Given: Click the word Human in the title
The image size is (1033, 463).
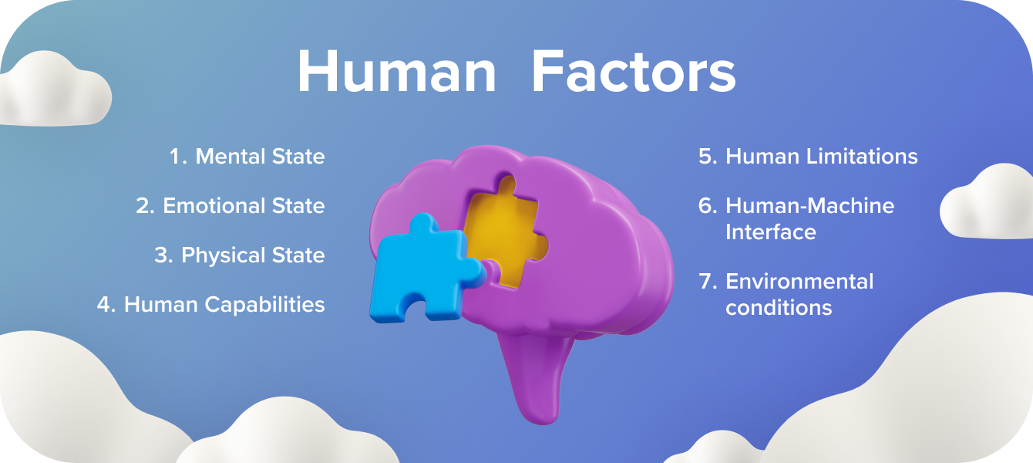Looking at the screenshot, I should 396,73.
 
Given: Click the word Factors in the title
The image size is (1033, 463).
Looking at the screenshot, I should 634,73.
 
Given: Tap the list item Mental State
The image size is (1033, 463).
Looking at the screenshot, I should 260,157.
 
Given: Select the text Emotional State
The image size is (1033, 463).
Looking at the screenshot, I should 244,206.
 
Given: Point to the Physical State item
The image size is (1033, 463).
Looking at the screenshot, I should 253,255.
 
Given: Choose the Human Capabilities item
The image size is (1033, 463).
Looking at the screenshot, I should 224,305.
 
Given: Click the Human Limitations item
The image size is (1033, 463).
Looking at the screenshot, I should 821,157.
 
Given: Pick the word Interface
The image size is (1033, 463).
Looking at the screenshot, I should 770,231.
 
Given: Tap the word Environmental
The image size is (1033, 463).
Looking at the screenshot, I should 799,281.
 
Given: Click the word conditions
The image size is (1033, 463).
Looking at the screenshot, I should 779,307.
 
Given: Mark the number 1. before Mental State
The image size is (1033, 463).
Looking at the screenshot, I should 178,157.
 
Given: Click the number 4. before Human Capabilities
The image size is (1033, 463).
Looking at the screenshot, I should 106,305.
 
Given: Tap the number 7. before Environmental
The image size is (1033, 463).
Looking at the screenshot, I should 708,281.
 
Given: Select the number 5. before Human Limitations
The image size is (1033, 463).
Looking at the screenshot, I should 708,157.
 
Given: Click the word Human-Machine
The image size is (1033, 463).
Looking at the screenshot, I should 809,206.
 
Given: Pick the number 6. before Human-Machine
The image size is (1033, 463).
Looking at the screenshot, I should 708,206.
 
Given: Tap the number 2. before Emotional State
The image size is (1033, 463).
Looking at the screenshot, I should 146,206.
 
